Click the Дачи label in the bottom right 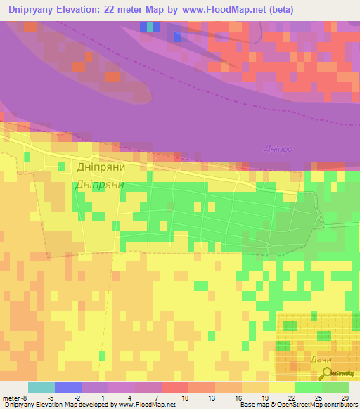[x=321, y=360]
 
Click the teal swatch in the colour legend [x=41, y=387]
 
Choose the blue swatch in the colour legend [x=68, y=387]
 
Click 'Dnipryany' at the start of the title [x=32, y=10]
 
